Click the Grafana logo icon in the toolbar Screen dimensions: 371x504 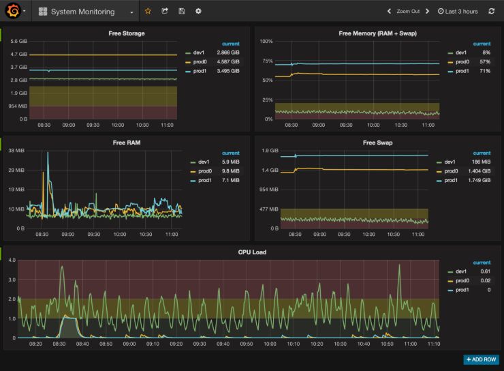pyautogui.click(x=12, y=12)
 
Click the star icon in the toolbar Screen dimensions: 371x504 pyautogui.click(x=148, y=12)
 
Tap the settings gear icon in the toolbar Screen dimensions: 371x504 pyautogui.click(x=198, y=12)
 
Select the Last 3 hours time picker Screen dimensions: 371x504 pyautogui.click(x=458, y=12)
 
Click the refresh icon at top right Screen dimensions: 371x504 pyautogui.click(x=492, y=12)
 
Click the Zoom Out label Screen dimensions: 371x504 pyautogui.click(x=409, y=12)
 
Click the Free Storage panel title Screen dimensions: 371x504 pyautogui.click(x=127, y=33)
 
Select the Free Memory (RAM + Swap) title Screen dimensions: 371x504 pyautogui.click(x=377, y=33)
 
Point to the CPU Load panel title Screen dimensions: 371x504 pyautogui.click(x=252, y=252)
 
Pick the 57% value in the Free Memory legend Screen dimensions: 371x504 pyautogui.click(x=486, y=61)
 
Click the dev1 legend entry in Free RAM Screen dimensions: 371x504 pyautogui.click(x=203, y=162)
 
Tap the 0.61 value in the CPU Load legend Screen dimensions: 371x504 pyautogui.click(x=484, y=271)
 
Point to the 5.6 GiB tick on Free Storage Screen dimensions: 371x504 pyautogui.click(x=18, y=42)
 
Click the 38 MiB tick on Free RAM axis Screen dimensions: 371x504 pyautogui.click(x=16, y=150)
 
